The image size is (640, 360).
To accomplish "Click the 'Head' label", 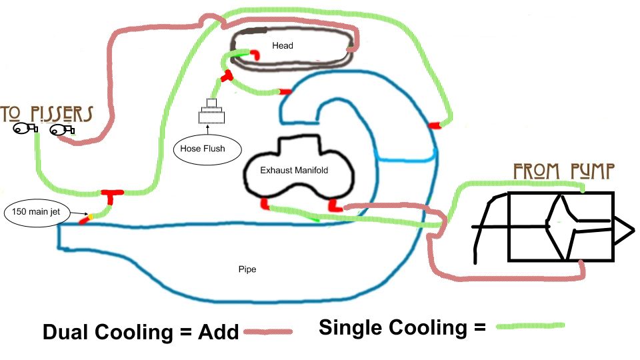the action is [x=283, y=45].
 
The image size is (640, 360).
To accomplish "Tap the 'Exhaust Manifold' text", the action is [x=294, y=170].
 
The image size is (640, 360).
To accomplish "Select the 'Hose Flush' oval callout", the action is [x=207, y=149].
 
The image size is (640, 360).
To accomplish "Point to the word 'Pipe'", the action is [x=247, y=269].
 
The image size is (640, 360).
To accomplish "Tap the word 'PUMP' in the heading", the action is [x=592, y=171].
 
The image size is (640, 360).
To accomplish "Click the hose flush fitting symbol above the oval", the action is [x=211, y=111].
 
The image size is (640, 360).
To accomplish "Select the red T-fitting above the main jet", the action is [x=112, y=196].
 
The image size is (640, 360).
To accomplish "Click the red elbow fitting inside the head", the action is [x=255, y=55].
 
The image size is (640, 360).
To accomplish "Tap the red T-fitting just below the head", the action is [x=226, y=75].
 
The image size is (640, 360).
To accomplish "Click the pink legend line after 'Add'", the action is [x=268, y=332].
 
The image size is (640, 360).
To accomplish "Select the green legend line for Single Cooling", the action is [x=530, y=326].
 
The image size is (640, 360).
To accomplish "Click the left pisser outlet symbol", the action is [x=25, y=129].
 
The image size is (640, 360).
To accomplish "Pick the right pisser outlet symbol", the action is [x=62, y=130].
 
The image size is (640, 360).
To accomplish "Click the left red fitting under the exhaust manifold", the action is [x=265, y=204].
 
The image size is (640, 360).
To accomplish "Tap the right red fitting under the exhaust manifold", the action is [x=335, y=206].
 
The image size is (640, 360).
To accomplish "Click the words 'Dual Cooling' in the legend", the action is [x=108, y=332].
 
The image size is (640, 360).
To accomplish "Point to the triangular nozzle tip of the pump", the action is [x=624, y=231].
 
